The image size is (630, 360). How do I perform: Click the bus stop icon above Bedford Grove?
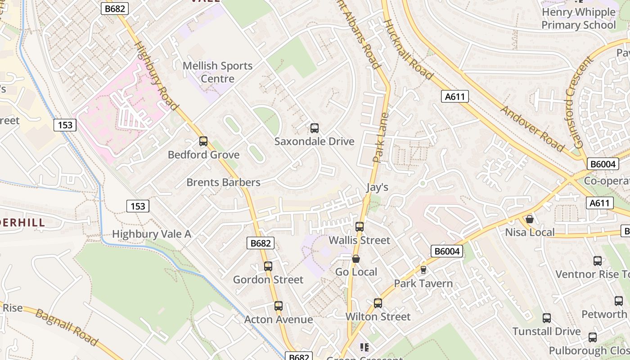pyautogui.click(x=203, y=141)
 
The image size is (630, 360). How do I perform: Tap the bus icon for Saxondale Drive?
pyautogui.click(x=315, y=128)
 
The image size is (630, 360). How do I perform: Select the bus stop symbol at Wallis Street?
pyautogui.click(x=360, y=227)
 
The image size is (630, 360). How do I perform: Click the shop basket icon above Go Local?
pyautogui.click(x=356, y=259)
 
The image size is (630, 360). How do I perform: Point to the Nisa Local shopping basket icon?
pyautogui.click(x=530, y=219)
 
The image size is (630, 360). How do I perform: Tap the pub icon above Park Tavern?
pyautogui.click(x=423, y=270)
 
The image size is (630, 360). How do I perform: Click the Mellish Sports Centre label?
pyautogui.click(x=217, y=72)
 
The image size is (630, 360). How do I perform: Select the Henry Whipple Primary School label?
pyautogui.click(x=578, y=18)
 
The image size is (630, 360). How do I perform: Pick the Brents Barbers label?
pyautogui.click(x=223, y=182)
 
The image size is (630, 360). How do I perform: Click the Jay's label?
pyautogui.click(x=377, y=187)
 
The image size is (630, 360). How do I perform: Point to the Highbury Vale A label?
pyautogui.click(x=151, y=234)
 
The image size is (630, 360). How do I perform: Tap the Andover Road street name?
pyautogui.click(x=532, y=129)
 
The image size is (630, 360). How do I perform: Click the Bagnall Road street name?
pyautogui.click(x=67, y=327)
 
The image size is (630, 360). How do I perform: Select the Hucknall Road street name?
pyautogui.click(x=408, y=49)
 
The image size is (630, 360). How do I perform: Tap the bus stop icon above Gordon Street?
pyautogui.click(x=268, y=266)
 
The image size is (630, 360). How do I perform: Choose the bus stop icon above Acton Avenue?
pyautogui.click(x=279, y=306)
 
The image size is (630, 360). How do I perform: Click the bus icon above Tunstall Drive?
pyautogui.click(x=547, y=318)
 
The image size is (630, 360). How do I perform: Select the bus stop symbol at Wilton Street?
pyautogui.click(x=378, y=303)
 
